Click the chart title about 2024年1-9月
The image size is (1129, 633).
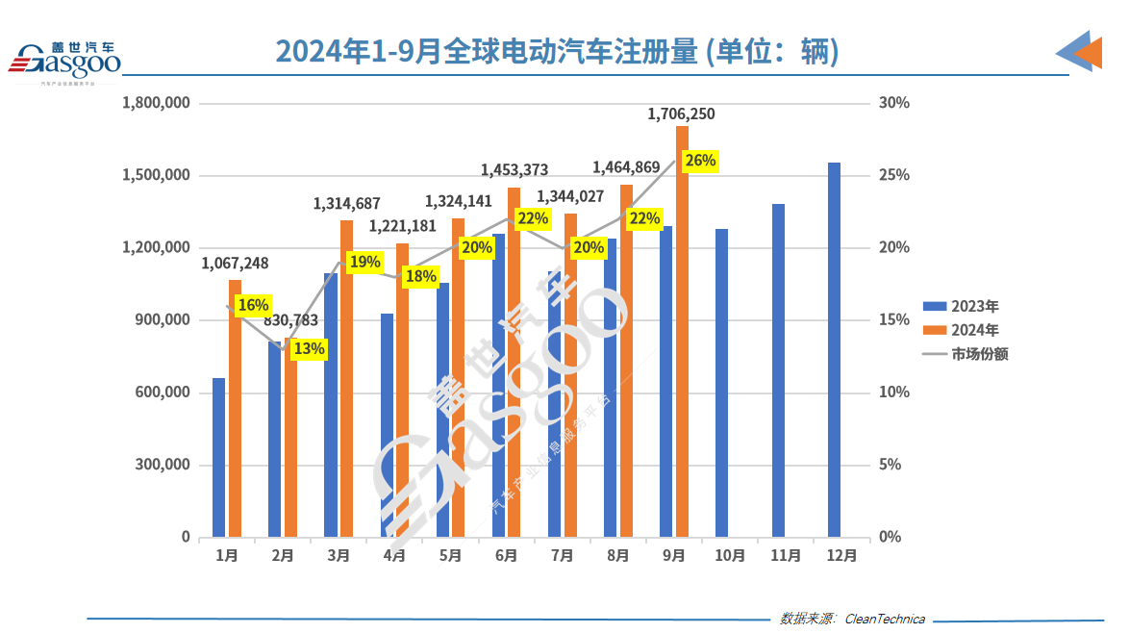557,52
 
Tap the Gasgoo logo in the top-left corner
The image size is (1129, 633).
65,61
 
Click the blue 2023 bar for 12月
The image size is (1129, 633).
834,349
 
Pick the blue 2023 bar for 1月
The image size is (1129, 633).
219,457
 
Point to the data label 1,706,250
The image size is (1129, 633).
681,114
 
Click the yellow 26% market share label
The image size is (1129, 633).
699,161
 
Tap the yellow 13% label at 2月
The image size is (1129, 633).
309,349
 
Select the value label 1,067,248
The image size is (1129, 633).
235,264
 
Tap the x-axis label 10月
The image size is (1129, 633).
730,556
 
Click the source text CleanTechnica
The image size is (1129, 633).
884,619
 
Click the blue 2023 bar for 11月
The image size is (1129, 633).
778,370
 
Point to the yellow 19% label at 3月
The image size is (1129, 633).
364,262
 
